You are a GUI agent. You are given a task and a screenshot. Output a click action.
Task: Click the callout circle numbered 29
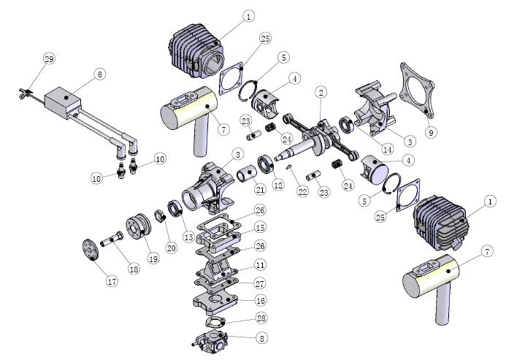point(49,59)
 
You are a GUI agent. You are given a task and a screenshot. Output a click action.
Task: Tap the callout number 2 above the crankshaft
point(321,92)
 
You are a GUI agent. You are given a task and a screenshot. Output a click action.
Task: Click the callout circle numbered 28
point(262,318)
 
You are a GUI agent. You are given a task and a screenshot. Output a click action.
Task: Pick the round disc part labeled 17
point(90,250)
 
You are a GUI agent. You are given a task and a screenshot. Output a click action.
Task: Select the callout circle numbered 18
point(134,269)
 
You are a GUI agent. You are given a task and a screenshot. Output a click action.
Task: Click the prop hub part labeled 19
point(138,226)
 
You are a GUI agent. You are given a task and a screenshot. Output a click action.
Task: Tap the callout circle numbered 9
point(431,132)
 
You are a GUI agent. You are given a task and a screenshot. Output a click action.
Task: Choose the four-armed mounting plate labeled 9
point(416,90)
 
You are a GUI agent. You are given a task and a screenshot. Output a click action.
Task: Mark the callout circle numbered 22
point(303,191)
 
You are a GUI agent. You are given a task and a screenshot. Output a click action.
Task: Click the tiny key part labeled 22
point(289,166)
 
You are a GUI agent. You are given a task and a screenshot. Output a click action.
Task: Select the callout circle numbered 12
point(278,185)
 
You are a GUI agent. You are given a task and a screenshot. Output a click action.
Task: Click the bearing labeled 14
point(347,125)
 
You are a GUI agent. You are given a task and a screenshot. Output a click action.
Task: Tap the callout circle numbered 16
point(261,300)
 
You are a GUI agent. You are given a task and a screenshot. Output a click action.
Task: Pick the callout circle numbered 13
point(188,237)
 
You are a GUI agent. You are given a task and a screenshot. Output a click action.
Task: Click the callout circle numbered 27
point(261,283)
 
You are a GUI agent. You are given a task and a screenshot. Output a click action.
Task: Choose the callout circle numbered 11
point(261,265)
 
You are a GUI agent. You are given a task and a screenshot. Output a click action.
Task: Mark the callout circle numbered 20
point(171,248)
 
